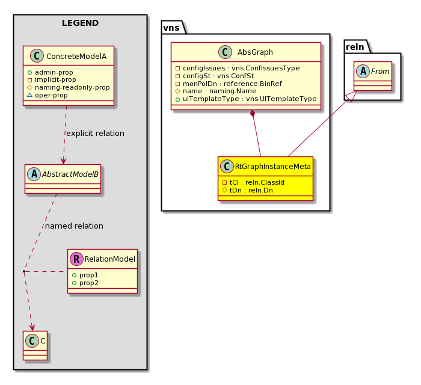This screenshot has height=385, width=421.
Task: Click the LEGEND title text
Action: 80,23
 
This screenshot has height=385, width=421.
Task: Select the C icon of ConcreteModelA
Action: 37,56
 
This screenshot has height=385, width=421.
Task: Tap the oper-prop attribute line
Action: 48,95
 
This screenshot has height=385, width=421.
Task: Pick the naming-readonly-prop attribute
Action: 69,87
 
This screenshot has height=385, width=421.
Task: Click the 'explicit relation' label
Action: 95,134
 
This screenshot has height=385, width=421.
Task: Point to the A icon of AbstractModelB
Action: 34,174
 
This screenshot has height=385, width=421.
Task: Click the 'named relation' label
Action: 74,226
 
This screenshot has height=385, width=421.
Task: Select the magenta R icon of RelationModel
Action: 76,259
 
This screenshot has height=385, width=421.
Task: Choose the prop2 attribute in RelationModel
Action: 85,283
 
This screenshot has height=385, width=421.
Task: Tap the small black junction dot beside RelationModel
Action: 24,271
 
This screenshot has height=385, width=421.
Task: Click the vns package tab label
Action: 171,28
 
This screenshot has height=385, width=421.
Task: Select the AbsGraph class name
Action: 255,52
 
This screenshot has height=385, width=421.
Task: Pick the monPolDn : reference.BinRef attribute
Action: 229,84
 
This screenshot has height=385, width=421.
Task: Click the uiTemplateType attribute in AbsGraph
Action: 246,99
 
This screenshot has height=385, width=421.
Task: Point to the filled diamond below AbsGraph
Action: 252,114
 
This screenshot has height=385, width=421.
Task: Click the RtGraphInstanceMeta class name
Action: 273,167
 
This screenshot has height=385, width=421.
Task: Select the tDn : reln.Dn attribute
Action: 248,190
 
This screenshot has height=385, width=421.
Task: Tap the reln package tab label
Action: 355,47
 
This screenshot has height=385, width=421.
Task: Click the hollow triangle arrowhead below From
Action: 351,96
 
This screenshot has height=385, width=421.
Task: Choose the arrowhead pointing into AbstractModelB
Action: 63,161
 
